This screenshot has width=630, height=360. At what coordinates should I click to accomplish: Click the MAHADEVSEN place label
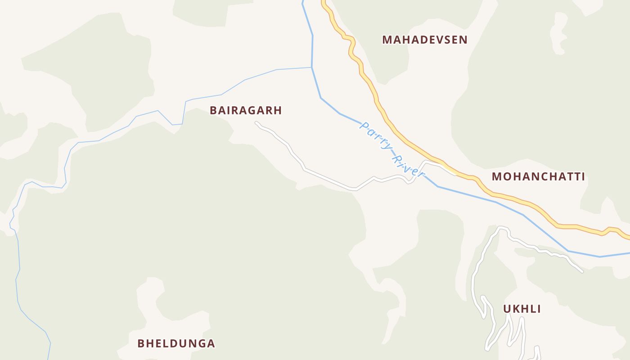point(425,40)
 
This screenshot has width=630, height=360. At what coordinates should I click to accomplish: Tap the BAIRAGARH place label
point(246,111)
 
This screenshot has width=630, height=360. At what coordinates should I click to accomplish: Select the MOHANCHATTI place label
point(538,176)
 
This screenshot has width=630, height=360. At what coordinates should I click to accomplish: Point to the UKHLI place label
point(522,309)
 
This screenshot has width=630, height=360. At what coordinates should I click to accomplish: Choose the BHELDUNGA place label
point(176,343)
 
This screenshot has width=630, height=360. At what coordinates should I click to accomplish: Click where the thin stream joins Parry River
point(312,67)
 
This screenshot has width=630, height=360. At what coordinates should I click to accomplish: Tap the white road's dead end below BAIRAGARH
point(256,122)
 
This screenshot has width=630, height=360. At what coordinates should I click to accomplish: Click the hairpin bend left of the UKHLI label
point(483,298)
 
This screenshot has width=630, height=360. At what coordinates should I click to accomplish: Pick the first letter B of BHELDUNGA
point(141,343)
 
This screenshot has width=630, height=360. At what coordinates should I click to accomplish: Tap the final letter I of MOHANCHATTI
point(583,176)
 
